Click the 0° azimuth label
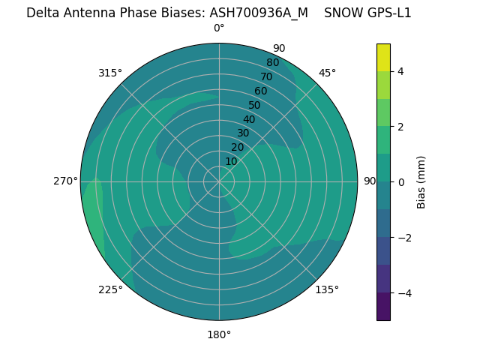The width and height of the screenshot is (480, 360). pyautogui.click(x=219, y=28)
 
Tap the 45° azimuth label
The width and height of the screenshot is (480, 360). pyautogui.click(x=327, y=73)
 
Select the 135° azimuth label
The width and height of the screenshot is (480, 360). pyautogui.click(x=327, y=289)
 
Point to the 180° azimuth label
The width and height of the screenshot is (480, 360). pyautogui.click(x=219, y=334)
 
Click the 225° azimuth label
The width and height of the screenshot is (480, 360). pyautogui.click(x=110, y=289)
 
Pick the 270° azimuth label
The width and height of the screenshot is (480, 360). pyautogui.click(x=65, y=181)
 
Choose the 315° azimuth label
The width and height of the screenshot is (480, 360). pyautogui.click(x=110, y=73)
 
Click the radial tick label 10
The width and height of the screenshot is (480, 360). pyautogui.click(x=231, y=161)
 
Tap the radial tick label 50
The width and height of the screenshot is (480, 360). pyautogui.click(x=254, y=105)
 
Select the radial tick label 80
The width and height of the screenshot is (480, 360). pyautogui.click(x=272, y=62)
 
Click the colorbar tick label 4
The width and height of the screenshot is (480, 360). pyautogui.click(x=401, y=71)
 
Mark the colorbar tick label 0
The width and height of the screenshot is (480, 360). pyautogui.click(x=401, y=181)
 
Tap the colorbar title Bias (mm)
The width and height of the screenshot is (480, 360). pyautogui.click(x=421, y=181)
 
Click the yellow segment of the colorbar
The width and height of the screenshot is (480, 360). pyautogui.click(x=383, y=57)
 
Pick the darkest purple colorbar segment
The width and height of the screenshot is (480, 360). pyautogui.click(x=383, y=307)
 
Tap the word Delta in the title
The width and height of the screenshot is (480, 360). pyautogui.click(x=42, y=13)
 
